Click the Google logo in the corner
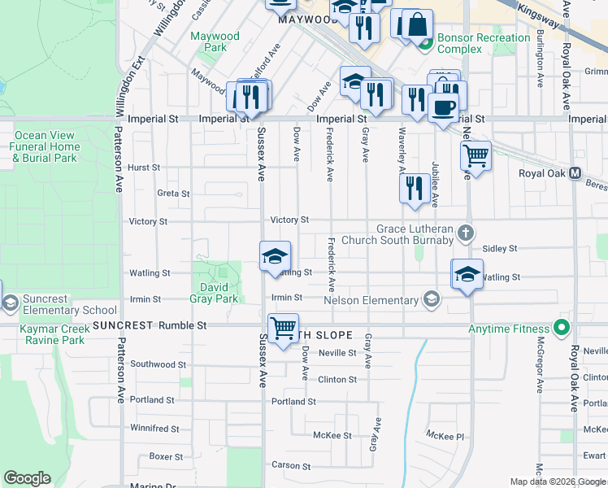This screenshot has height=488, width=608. [x=27, y=478]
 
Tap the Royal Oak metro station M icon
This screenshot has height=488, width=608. [x=575, y=173]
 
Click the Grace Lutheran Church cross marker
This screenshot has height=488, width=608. [x=466, y=234]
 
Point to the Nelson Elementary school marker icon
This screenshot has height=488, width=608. [x=431, y=301]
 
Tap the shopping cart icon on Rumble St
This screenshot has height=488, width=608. [x=283, y=329]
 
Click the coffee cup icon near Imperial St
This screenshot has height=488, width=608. [x=443, y=107]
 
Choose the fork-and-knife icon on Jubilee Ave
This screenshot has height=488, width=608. [x=415, y=188]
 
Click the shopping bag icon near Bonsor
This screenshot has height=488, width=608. [x=418, y=24]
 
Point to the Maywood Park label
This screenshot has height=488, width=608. [x=215, y=41]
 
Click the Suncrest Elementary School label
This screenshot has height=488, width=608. [x=69, y=304]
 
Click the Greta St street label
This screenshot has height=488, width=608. [x=173, y=194]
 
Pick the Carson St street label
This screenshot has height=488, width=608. [x=286, y=465]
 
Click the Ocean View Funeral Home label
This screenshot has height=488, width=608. [x=46, y=146]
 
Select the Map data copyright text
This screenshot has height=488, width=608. [x=557, y=481]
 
